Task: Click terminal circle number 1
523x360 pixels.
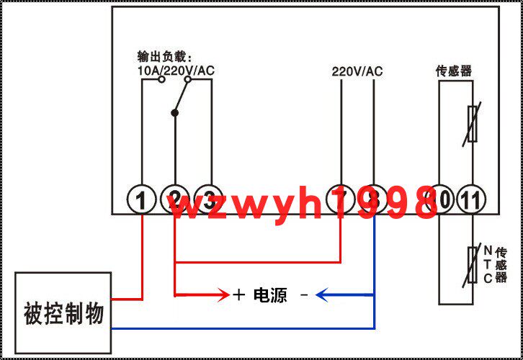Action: (x=143, y=199)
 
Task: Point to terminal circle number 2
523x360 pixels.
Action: (x=174, y=199)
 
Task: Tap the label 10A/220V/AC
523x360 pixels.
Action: (x=176, y=71)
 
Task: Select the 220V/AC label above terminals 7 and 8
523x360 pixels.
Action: (x=357, y=71)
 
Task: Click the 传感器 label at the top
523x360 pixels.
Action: (x=454, y=71)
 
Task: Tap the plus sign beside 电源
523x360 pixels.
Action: (x=239, y=294)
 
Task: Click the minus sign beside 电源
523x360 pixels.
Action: (x=303, y=294)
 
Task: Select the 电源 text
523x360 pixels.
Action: (x=270, y=294)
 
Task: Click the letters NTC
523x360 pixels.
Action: (x=488, y=264)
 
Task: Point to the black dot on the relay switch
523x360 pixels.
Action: (x=174, y=112)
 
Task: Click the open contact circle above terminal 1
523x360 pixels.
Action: (x=161, y=79)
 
